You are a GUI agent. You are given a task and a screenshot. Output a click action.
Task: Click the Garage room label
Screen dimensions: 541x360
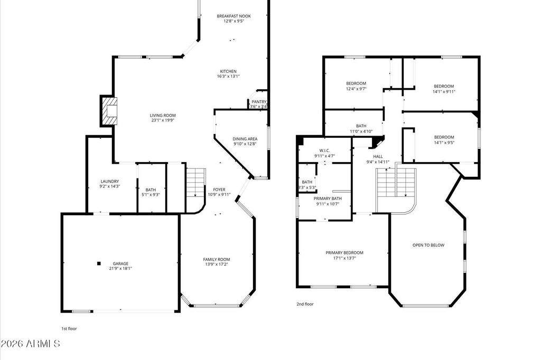[x=120, y=263]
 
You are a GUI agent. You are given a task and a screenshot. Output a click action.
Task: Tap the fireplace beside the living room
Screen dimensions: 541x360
[x=108, y=111]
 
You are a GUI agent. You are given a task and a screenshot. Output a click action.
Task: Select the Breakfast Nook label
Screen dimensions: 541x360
[x=234, y=16]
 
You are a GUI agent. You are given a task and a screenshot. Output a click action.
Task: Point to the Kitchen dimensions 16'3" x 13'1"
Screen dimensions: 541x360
[x=228, y=76]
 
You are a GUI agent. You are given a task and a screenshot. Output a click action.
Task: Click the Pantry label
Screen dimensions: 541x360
[x=259, y=102]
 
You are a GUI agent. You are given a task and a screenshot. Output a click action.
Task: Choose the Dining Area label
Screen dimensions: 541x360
[x=245, y=139]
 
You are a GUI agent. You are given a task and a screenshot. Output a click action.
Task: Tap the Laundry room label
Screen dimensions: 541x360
[x=110, y=182]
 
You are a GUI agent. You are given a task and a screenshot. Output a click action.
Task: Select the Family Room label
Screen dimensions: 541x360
[x=216, y=259]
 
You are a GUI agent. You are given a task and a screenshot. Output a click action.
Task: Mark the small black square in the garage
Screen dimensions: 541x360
[x=99, y=263]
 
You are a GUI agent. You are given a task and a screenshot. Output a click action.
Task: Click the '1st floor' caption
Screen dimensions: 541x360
[x=69, y=329]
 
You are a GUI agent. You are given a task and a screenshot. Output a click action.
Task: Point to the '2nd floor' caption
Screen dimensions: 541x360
[x=305, y=304]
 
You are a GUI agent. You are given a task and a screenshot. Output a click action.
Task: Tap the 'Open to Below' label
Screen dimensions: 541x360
[x=428, y=245]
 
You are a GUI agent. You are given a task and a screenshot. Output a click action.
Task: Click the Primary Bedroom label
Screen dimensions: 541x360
[x=344, y=253]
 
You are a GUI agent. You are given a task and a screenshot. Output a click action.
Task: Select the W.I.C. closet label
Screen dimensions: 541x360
[x=325, y=150]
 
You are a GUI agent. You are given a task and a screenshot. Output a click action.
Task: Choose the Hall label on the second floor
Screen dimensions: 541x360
[x=378, y=157]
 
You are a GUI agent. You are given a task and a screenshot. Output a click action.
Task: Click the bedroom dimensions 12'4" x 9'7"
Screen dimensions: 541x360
[x=356, y=89]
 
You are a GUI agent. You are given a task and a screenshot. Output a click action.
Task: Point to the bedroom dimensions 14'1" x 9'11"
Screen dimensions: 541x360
[x=444, y=91]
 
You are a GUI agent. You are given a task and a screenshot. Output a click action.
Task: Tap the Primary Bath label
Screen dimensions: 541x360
[x=328, y=198]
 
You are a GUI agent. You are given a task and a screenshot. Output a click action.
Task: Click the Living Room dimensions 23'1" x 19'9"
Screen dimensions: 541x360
[x=163, y=120]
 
